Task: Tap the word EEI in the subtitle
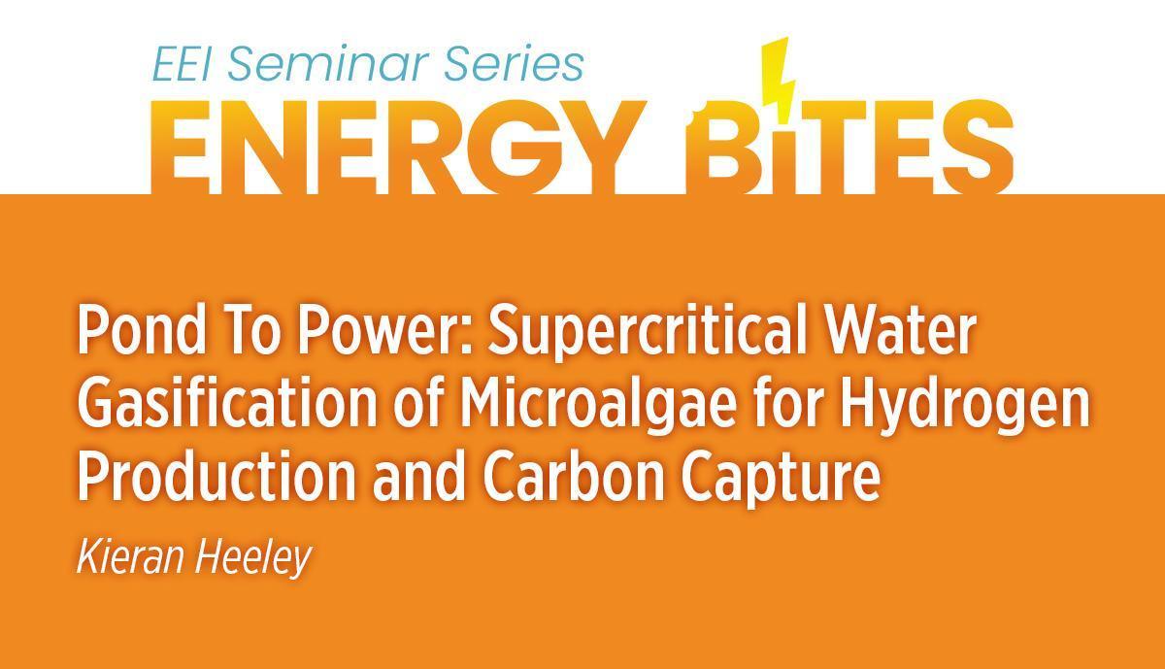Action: (180, 66)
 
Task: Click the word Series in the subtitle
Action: (514, 65)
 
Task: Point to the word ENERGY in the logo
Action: (398, 147)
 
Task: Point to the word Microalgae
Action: (598, 409)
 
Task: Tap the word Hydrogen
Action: (965, 409)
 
